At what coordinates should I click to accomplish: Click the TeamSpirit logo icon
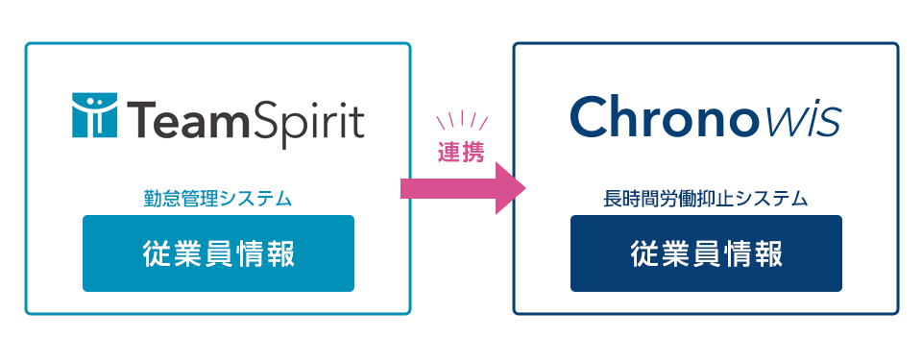click(x=94, y=116)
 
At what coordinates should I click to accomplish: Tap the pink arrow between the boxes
click(x=461, y=187)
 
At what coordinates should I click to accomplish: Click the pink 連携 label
click(x=461, y=152)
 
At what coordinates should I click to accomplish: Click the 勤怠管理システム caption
click(x=217, y=200)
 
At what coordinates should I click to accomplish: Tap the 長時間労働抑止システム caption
click(x=705, y=200)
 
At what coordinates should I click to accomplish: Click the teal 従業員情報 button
click(x=218, y=253)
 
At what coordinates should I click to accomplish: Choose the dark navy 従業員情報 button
click(x=706, y=253)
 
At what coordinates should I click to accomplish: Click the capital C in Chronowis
click(x=590, y=117)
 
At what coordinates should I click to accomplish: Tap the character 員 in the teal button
click(x=218, y=253)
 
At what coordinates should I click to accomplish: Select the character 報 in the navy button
click(x=765, y=253)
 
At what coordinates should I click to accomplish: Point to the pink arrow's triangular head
click(x=511, y=187)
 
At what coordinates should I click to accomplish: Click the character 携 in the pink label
click(x=473, y=152)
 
